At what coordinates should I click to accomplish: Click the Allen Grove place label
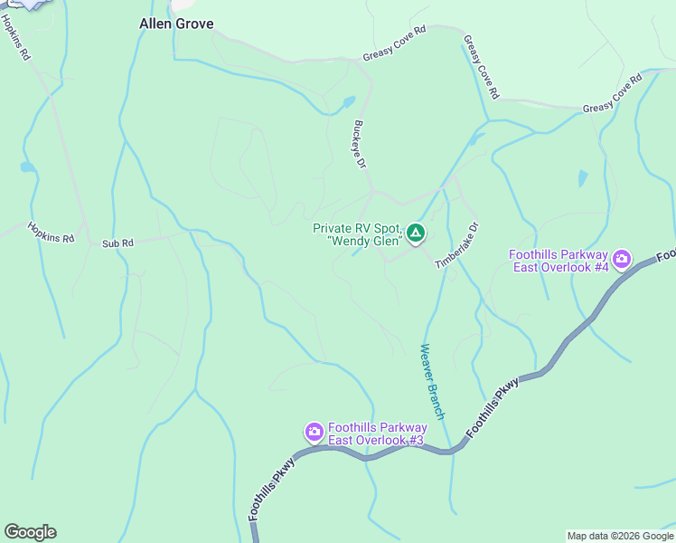tap(176, 24)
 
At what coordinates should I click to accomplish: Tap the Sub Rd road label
tap(117, 243)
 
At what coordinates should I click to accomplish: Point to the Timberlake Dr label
tap(455, 245)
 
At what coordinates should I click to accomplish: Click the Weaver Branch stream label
tap(433, 381)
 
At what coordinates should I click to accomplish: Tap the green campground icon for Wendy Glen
tap(415, 234)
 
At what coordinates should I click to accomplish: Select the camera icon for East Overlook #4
tap(622, 261)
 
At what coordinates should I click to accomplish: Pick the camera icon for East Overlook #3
tap(315, 431)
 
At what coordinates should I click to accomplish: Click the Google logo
tap(30, 532)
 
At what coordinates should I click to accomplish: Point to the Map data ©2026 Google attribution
tap(621, 536)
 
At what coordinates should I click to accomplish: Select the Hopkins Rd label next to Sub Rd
tap(50, 233)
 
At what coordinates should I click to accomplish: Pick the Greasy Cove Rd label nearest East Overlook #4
tap(612, 94)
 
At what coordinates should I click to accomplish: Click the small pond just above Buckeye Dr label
tap(349, 102)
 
